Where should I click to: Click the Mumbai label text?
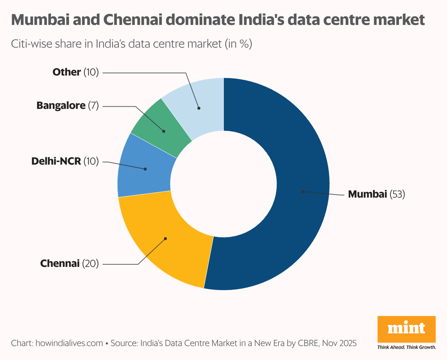point(367,194)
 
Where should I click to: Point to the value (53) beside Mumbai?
point(397,194)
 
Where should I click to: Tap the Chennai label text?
point(60,264)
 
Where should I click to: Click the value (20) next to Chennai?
point(90,264)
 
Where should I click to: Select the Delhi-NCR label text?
point(56,161)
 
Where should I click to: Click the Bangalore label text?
point(61,106)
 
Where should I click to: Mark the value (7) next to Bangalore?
point(93,106)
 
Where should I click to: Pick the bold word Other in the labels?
point(67,72)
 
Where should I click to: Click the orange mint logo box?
point(406,329)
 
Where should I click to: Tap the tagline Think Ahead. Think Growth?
point(406,347)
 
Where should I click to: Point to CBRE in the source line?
point(307,344)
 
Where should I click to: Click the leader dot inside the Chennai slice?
point(165,239)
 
